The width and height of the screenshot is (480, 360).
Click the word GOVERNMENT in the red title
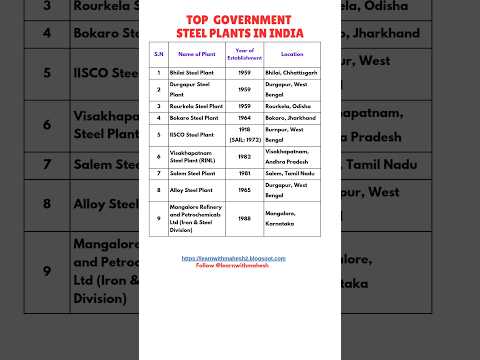(258, 20)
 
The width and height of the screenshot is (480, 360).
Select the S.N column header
(157, 54)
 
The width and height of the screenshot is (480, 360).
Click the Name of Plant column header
(197, 54)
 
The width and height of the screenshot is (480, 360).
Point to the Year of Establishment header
(245, 54)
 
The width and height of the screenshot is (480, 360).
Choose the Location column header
(293, 54)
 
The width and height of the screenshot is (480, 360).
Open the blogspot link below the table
(233, 257)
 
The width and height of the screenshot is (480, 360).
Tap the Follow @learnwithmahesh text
(233, 264)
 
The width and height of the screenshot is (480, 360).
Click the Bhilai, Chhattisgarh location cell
(291, 73)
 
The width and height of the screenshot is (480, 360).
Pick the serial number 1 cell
(157, 73)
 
